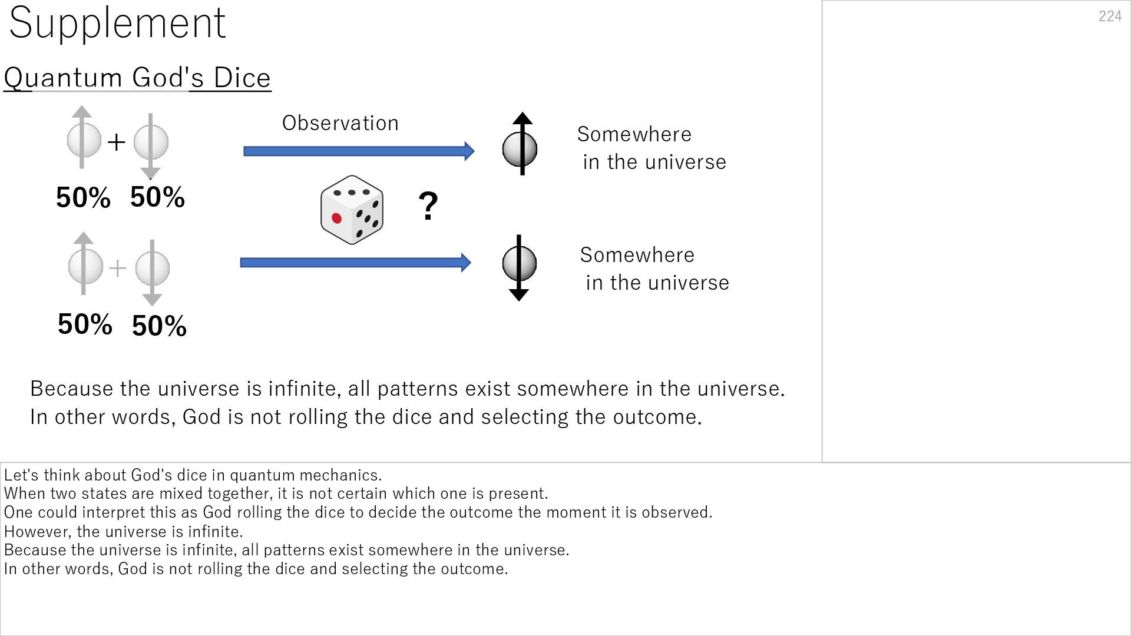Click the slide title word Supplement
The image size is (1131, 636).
pyautogui.click(x=117, y=24)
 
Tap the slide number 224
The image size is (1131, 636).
pyautogui.click(x=1110, y=16)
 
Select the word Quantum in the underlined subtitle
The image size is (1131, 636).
pyautogui.click(x=63, y=78)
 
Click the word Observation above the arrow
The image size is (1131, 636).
pyautogui.click(x=340, y=123)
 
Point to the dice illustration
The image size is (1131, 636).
pyautogui.click(x=352, y=210)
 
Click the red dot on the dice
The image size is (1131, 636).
pyautogui.click(x=337, y=218)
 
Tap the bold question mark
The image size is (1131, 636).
pyautogui.click(x=428, y=206)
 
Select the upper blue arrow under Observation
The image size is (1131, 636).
pyautogui.click(x=358, y=151)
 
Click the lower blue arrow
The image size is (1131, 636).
pyautogui.click(x=355, y=263)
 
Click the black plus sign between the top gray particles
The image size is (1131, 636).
pyautogui.click(x=117, y=142)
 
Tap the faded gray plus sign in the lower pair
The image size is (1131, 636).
pyautogui.click(x=118, y=268)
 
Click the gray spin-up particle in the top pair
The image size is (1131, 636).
pyautogui.click(x=84, y=140)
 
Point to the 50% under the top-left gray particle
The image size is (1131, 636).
pyautogui.click(x=83, y=197)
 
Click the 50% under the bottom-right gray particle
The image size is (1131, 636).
pyautogui.click(x=159, y=326)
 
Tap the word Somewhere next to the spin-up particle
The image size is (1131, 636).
pyautogui.click(x=634, y=134)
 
